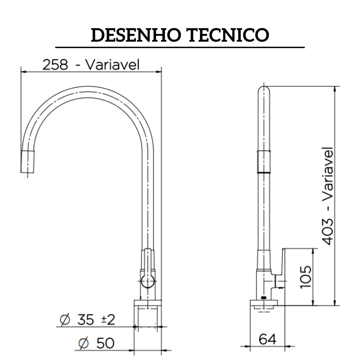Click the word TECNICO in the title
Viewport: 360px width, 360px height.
click(228, 35)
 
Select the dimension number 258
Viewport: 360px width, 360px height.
click(55, 65)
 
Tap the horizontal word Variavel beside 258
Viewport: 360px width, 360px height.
click(112, 65)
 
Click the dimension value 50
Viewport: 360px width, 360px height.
click(105, 343)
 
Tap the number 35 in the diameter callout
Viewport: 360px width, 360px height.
click(86, 320)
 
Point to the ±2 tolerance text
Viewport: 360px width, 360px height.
click(108, 320)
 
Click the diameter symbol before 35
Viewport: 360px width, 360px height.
click(65, 320)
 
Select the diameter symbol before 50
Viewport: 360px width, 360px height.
click(84, 343)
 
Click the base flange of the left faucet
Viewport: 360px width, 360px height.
click(148, 303)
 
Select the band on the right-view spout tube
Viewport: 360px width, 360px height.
click(264, 162)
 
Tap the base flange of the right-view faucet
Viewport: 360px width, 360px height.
click(264, 303)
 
